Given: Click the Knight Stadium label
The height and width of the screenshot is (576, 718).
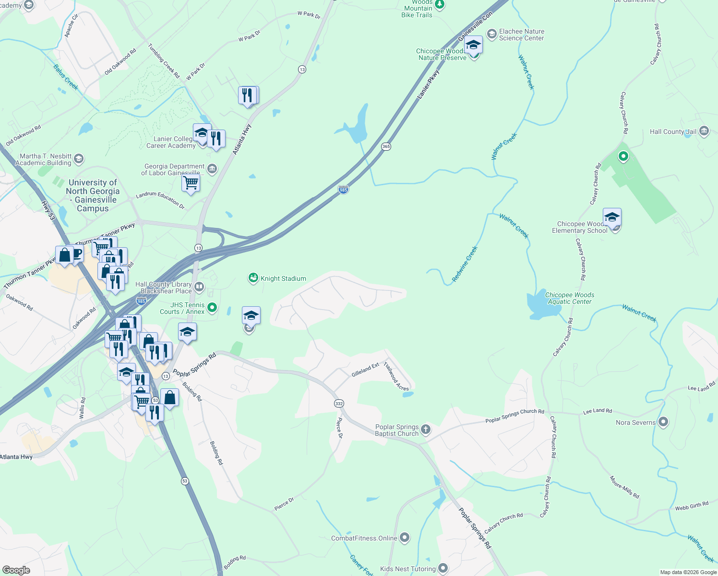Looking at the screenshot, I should [x=283, y=278].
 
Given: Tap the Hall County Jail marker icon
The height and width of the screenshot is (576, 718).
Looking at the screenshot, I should [x=704, y=131].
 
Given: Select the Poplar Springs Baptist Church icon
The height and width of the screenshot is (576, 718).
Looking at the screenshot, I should [x=426, y=430].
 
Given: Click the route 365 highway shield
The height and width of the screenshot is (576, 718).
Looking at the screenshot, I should [x=386, y=146].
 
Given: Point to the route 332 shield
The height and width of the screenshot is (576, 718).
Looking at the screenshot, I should [x=339, y=404].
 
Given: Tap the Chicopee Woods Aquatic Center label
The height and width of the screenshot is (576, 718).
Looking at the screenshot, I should [x=570, y=298].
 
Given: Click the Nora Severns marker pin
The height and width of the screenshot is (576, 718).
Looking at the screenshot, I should [x=663, y=422].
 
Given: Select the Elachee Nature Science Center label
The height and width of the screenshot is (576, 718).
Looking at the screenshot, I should [x=521, y=35].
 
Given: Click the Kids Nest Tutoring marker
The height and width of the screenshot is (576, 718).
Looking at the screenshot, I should [x=443, y=569].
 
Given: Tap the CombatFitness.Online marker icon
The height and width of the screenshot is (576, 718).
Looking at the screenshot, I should [x=405, y=538].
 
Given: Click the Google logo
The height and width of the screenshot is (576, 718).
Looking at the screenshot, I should [x=16, y=570].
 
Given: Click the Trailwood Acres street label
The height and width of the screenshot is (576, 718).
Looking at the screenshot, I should [x=396, y=376].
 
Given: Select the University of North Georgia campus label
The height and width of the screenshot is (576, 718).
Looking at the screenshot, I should [x=93, y=195].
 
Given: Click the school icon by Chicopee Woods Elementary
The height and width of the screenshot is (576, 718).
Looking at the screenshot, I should [x=612, y=217].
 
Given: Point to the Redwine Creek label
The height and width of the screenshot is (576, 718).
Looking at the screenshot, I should [x=465, y=264].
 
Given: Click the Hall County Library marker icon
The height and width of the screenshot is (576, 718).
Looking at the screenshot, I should [x=199, y=287].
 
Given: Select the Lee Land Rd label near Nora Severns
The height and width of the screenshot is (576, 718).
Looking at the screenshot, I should [x=597, y=411].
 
